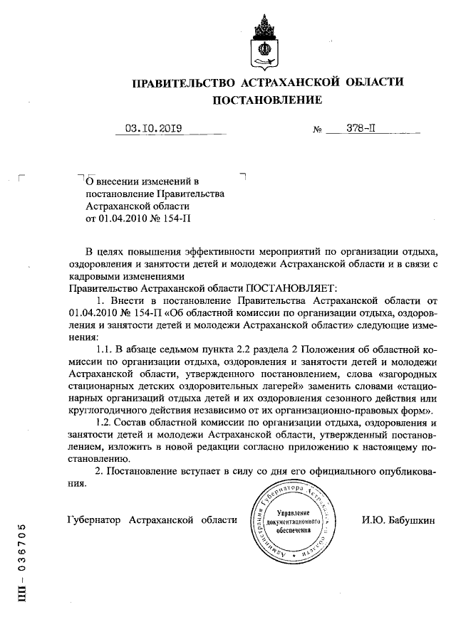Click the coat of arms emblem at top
(x=262, y=41)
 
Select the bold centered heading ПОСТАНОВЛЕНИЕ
(x=268, y=100)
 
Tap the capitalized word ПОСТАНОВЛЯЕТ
(x=280, y=289)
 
